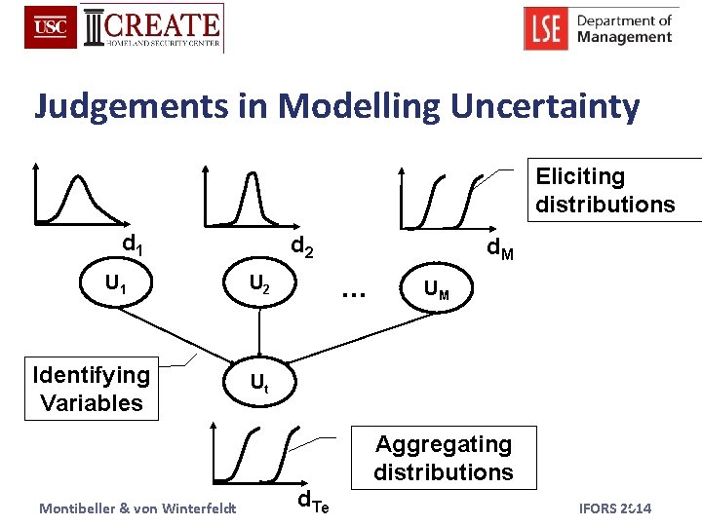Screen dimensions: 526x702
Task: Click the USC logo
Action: click(x=51, y=28)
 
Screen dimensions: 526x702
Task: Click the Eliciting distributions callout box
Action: click(x=604, y=190)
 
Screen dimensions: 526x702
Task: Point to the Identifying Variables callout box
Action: click(x=92, y=389)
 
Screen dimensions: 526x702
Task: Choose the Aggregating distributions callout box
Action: click(x=444, y=458)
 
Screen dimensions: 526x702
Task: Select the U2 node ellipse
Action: click(x=259, y=285)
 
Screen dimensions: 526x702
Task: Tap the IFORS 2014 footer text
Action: click(x=615, y=508)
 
